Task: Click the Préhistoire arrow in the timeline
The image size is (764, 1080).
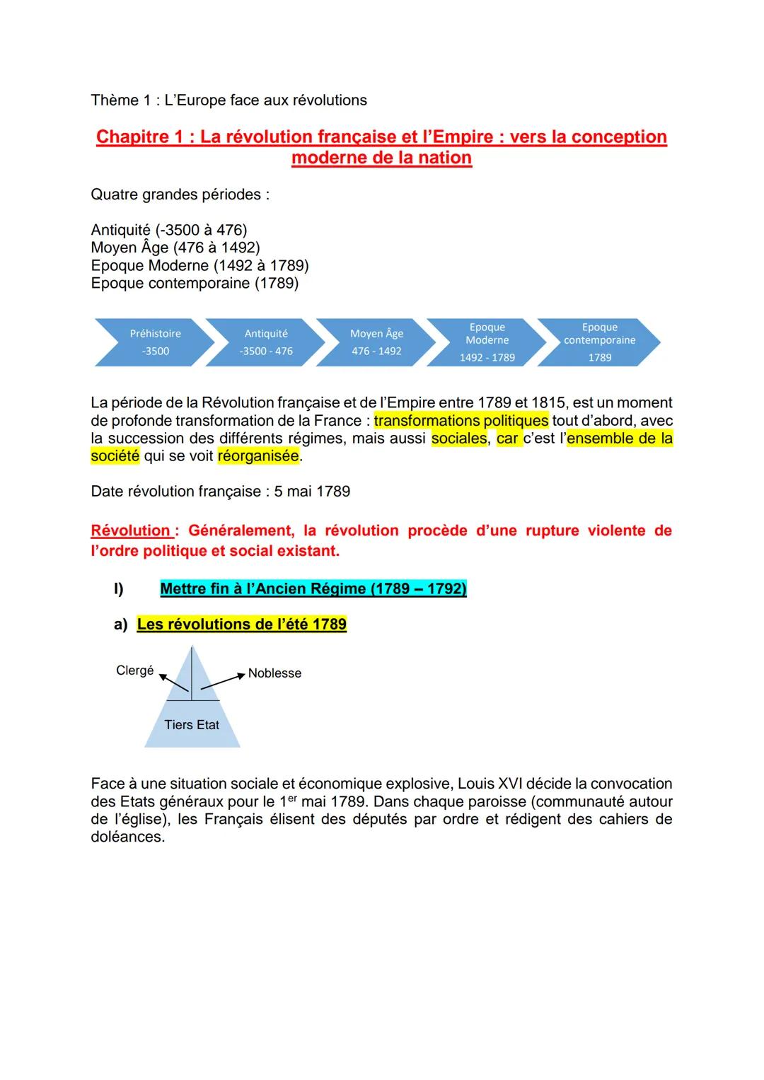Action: click(155, 342)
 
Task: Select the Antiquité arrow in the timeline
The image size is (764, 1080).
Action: click(266, 342)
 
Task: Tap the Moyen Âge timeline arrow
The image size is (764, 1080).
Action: click(376, 342)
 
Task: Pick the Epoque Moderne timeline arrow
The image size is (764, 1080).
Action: click(487, 342)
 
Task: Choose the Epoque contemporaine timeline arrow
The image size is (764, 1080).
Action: click(599, 342)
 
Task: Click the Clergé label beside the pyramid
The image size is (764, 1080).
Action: click(134, 670)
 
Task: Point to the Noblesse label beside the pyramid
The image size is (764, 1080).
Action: click(274, 673)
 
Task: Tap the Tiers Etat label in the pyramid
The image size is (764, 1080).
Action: click(192, 725)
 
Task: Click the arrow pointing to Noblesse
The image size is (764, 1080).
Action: click(223, 681)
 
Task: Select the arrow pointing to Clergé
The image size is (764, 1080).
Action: click(174, 683)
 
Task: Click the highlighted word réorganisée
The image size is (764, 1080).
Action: click(258, 456)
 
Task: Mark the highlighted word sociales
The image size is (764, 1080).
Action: click(459, 439)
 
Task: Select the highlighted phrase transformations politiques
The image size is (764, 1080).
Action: click(461, 421)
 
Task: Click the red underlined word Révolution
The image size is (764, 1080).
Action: click(131, 530)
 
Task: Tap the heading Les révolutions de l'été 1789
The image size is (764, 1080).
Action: click(242, 625)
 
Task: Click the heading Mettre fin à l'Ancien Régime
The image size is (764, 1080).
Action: click(313, 589)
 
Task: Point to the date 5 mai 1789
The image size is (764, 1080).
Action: click(312, 492)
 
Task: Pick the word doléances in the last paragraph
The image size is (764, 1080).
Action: click(127, 837)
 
